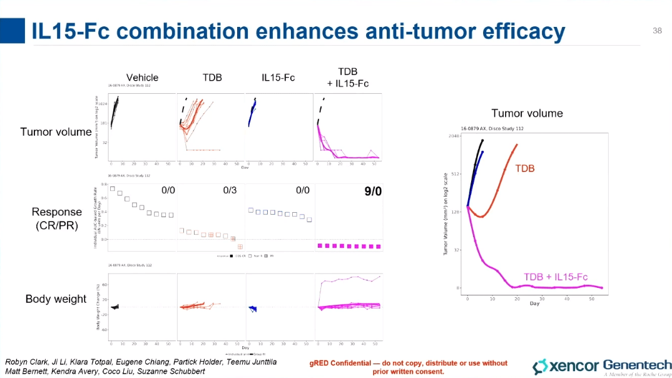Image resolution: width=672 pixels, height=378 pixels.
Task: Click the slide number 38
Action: [657, 31]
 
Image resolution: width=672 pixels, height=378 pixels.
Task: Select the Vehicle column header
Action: [142, 78]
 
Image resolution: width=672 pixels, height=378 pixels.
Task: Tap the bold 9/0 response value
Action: [373, 191]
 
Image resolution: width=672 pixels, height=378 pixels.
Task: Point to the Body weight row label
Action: [56, 299]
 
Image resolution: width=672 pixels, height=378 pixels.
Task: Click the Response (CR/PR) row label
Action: [57, 218]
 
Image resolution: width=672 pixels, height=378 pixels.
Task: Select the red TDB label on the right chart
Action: [525, 169]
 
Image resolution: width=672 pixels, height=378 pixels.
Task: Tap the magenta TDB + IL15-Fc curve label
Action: [556, 277]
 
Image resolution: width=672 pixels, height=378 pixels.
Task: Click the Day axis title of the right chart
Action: [534, 304]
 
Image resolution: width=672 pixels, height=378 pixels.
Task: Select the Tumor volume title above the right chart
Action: [527, 113]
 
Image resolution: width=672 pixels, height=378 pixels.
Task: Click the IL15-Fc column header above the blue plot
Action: [278, 78]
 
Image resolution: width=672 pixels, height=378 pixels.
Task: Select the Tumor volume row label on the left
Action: [56, 131]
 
